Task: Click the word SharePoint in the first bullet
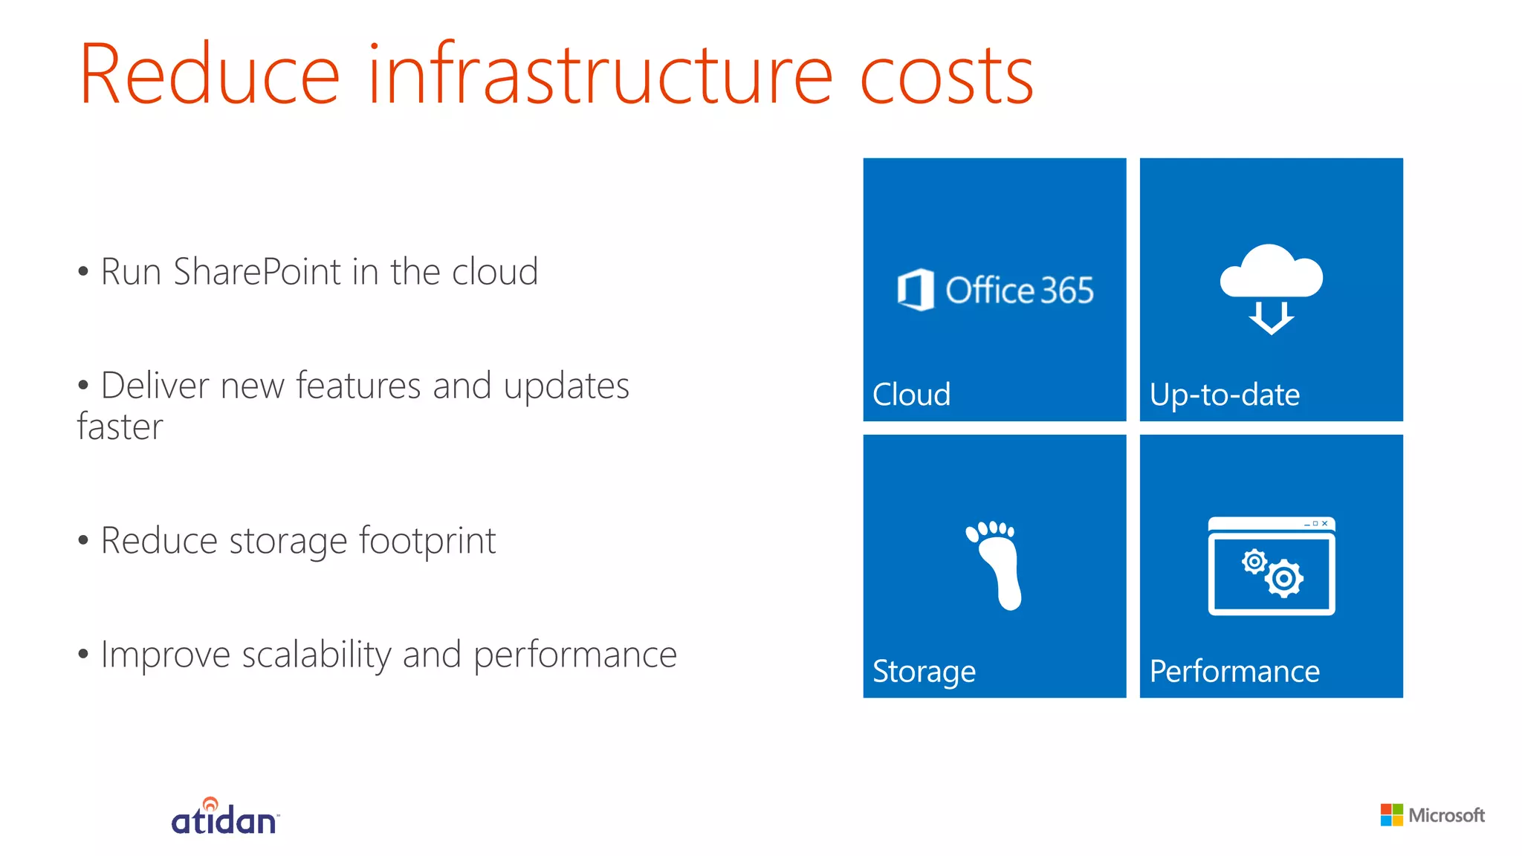coord(256,271)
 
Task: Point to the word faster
coord(120,427)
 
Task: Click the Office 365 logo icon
coord(915,290)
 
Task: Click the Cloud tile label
coord(911,395)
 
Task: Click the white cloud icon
coord(1271,272)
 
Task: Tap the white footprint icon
coord(997,565)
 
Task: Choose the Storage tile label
coord(924,672)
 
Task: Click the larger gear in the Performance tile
coord(1284,579)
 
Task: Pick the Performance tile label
coord(1234,672)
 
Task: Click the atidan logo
coord(224,817)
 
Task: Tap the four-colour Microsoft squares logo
coord(1391,815)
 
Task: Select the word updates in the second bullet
coord(566,386)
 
